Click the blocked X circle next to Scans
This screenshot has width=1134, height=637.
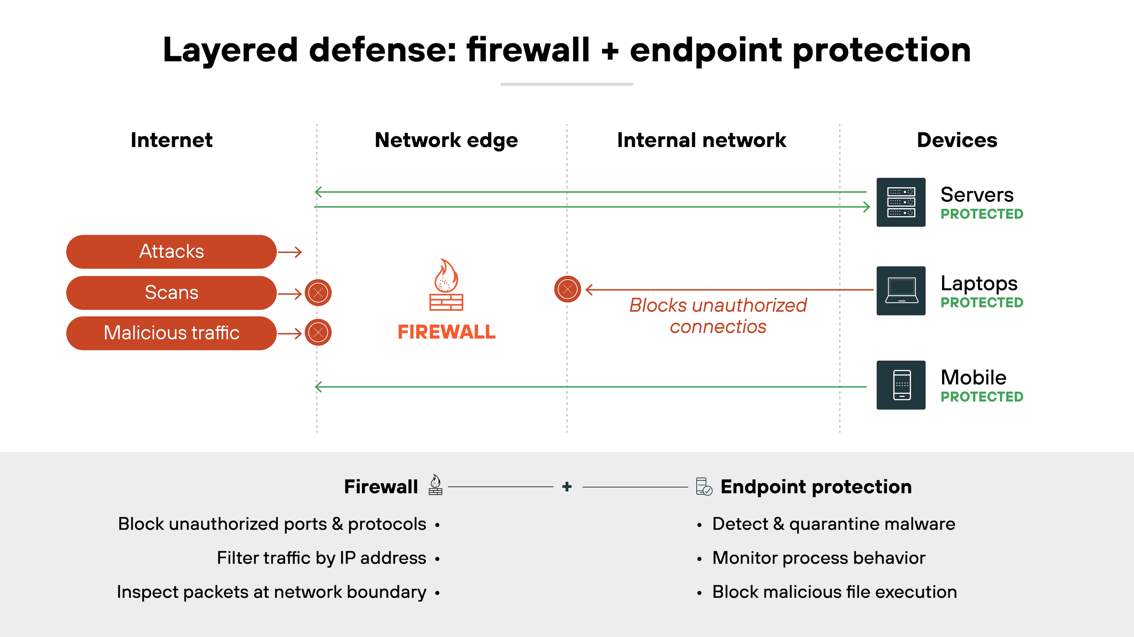tap(318, 293)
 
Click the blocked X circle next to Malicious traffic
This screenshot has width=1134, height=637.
tap(318, 332)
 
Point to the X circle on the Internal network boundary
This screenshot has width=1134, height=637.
tap(567, 289)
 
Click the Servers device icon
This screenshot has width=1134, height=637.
tap(901, 203)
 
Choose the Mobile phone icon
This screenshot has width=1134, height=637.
tap(901, 385)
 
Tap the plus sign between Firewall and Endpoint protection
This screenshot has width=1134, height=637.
tap(567, 486)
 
